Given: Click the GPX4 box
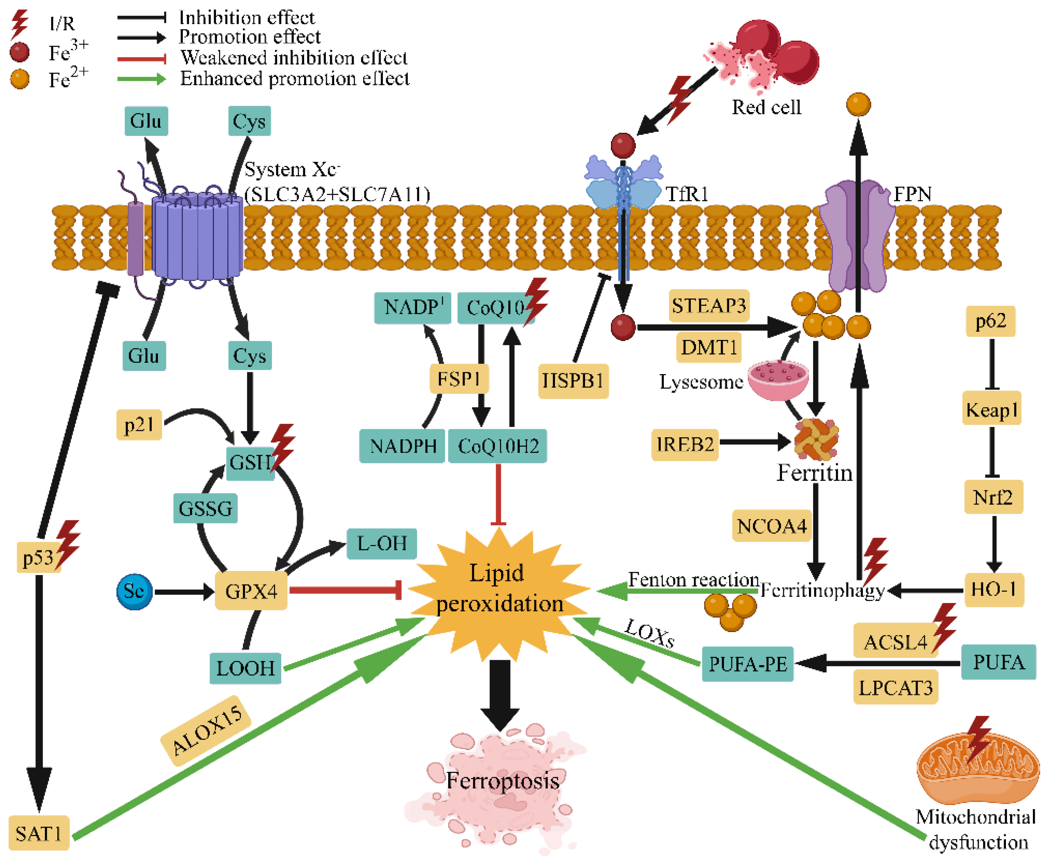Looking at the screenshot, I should coord(251,591).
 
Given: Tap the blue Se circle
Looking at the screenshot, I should coord(134,591).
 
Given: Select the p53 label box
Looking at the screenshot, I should coord(38,557).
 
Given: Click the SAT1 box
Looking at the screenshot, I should coord(39,834).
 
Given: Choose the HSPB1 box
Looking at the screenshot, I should coord(573,381).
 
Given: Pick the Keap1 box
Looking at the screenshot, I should coord(991,409).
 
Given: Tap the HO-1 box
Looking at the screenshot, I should coord(993,589).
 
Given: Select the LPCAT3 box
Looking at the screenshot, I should coord(895,688).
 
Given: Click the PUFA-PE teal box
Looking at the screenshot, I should coord(747,664).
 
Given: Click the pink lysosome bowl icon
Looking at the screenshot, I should coord(777,379).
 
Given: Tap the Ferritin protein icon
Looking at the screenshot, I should coord(815,438).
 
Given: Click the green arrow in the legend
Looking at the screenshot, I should coord(141,79).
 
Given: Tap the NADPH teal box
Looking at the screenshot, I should coord(402,446).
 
